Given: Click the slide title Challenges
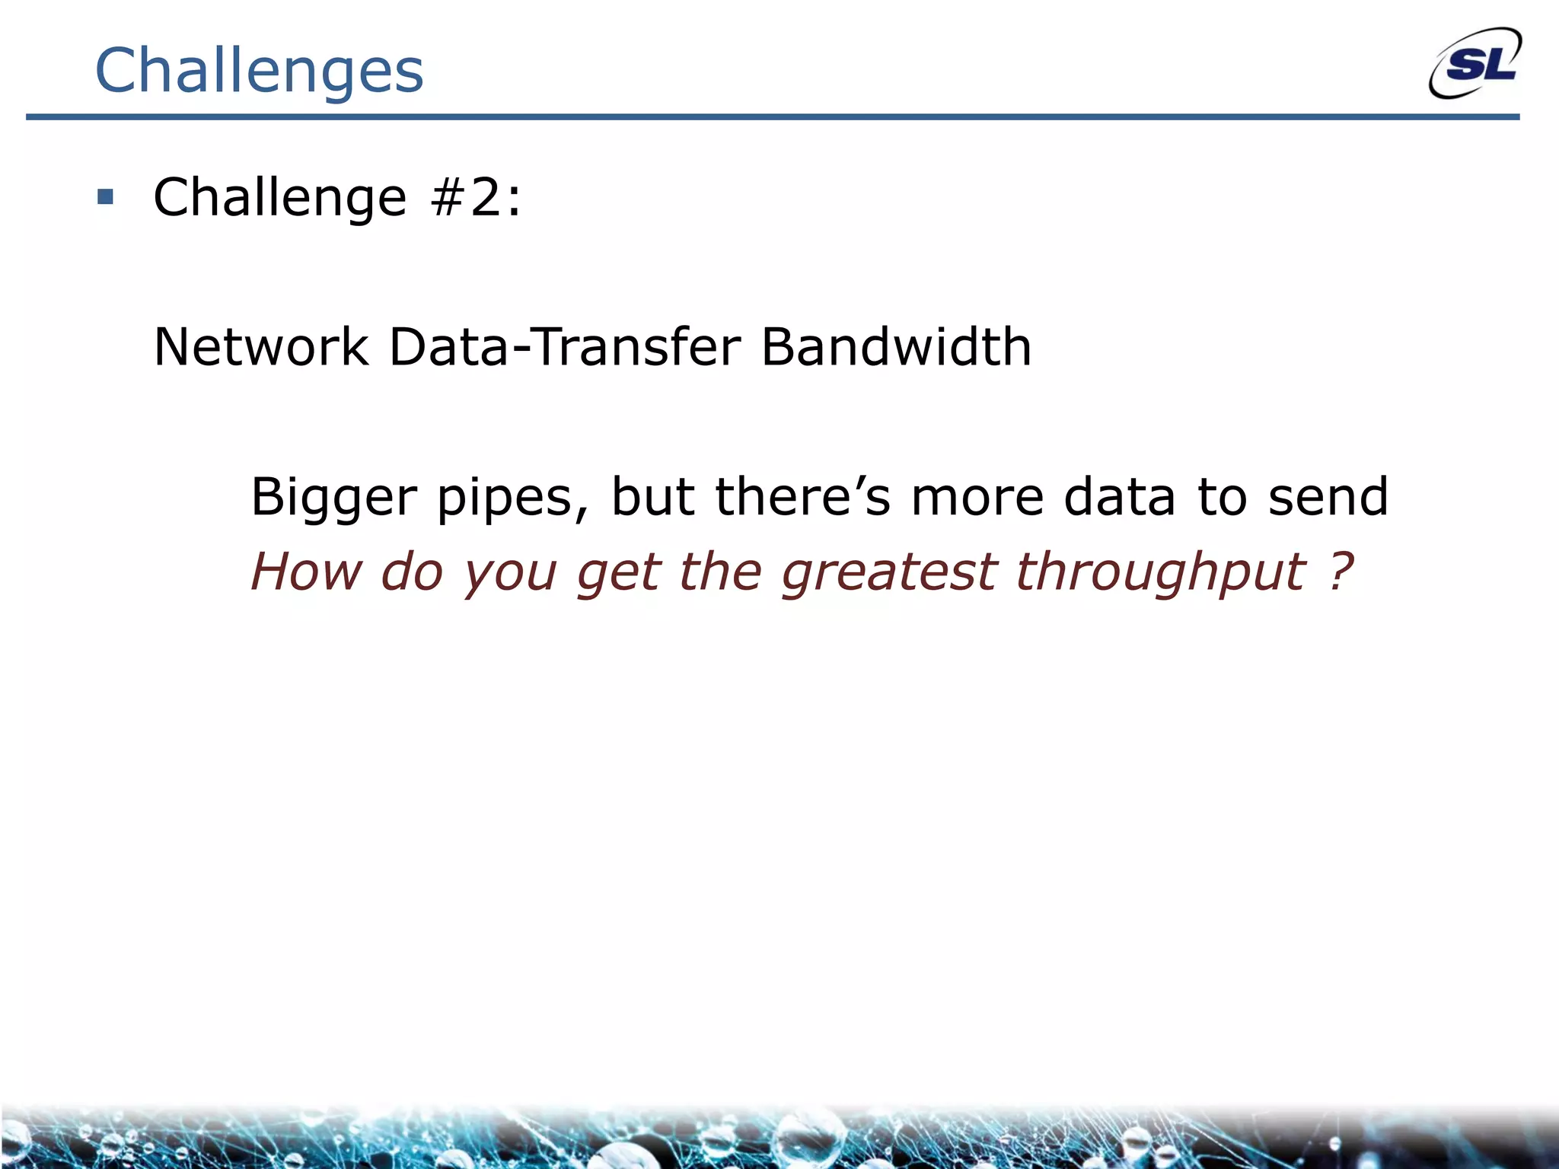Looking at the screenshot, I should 259,70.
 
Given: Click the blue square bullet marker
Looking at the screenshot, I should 105,198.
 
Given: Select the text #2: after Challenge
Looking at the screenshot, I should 476,197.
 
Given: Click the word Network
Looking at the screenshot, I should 261,347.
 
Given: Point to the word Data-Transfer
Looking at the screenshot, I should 564,347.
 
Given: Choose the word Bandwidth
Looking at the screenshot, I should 896,347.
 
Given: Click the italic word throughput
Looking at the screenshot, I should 1161,572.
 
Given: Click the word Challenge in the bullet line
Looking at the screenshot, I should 279,197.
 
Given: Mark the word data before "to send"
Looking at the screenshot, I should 1119,496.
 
